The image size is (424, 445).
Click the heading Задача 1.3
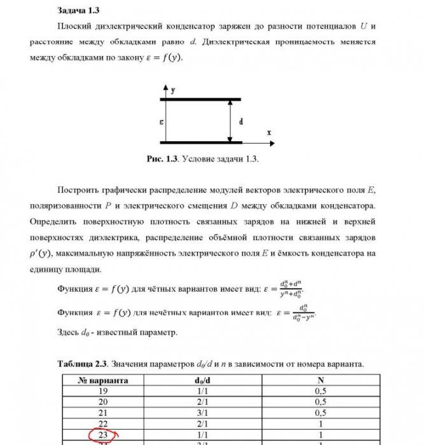click(x=78, y=11)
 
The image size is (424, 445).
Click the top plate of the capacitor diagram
click(x=200, y=99)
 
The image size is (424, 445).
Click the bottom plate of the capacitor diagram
click(x=200, y=142)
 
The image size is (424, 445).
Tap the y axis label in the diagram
click(x=173, y=91)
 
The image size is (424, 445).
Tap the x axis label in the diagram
click(x=269, y=132)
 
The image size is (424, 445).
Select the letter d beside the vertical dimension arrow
click(x=240, y=121)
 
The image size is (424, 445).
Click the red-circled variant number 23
click(x=102, y=435)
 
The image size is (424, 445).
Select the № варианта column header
click(x=102, y=380)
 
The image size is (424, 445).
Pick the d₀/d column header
click(x=201, y=380)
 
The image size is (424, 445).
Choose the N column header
click(x=320, y=380)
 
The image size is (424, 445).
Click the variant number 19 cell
click(x=102, y=391)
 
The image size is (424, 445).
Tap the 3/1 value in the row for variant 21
click(x=201, y=413)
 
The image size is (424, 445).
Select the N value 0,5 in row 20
click(x=320, y=402)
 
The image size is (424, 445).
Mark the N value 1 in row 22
click(x=320, y=424)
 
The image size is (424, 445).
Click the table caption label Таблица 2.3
click(x=83, y=364)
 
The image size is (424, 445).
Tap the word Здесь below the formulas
click(x=70, y=332)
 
